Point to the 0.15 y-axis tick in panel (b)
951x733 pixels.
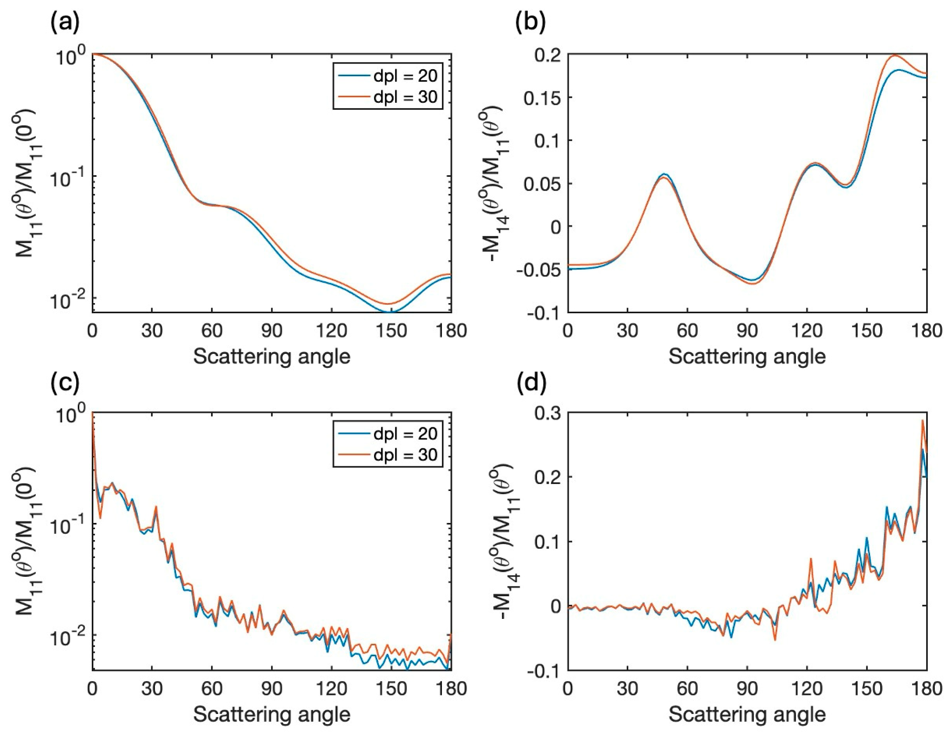tap(543, 98)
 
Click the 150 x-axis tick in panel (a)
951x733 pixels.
tap(391, 331)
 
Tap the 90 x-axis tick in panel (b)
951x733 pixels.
tap(747, 331)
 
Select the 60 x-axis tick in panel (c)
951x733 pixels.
tap(212, 689)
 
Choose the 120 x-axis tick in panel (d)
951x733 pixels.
tap(807, 689)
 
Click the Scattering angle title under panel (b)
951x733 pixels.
tap(747, 356)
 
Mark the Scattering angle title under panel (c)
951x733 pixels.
tap(272, 714)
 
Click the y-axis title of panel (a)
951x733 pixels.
tap(26, 183)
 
